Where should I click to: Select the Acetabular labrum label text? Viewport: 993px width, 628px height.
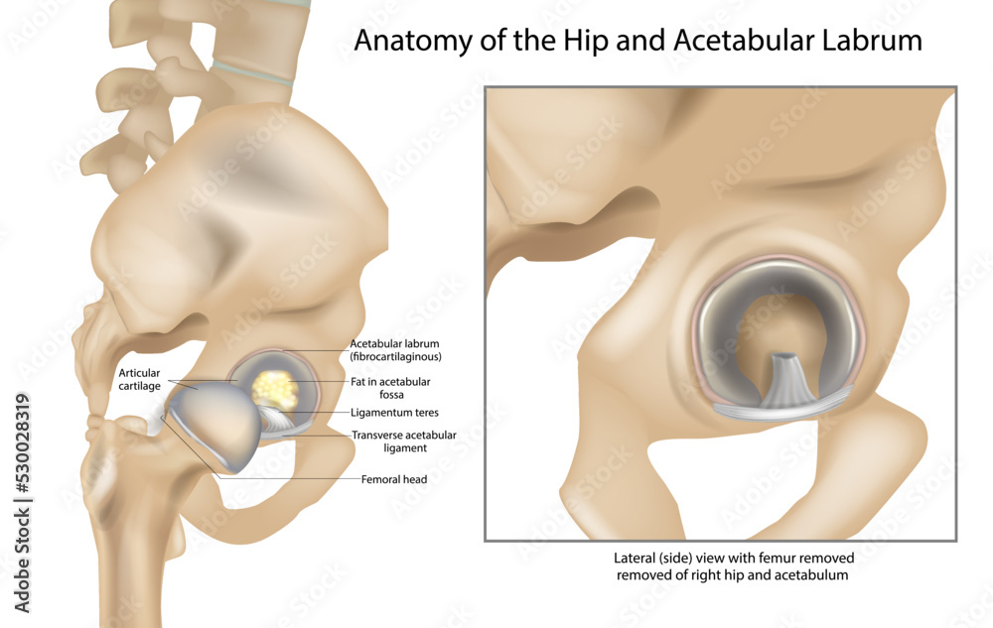(395, 350)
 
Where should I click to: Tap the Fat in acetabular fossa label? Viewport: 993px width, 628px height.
(390, 388)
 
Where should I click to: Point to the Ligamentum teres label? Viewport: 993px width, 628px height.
(394, 413)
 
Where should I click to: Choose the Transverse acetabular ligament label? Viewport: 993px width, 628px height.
(404, 441)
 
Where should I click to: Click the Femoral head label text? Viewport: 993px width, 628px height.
(394, 479)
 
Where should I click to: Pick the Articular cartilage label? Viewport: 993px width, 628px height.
(139, 379)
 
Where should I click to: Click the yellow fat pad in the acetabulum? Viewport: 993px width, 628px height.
(275, 388)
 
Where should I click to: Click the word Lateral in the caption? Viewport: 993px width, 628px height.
(634, 559)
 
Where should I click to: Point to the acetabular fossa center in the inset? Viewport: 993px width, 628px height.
(782, 328)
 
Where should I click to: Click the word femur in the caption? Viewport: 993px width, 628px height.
(775, 559)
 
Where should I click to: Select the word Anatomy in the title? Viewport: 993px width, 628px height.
(412, 42)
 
